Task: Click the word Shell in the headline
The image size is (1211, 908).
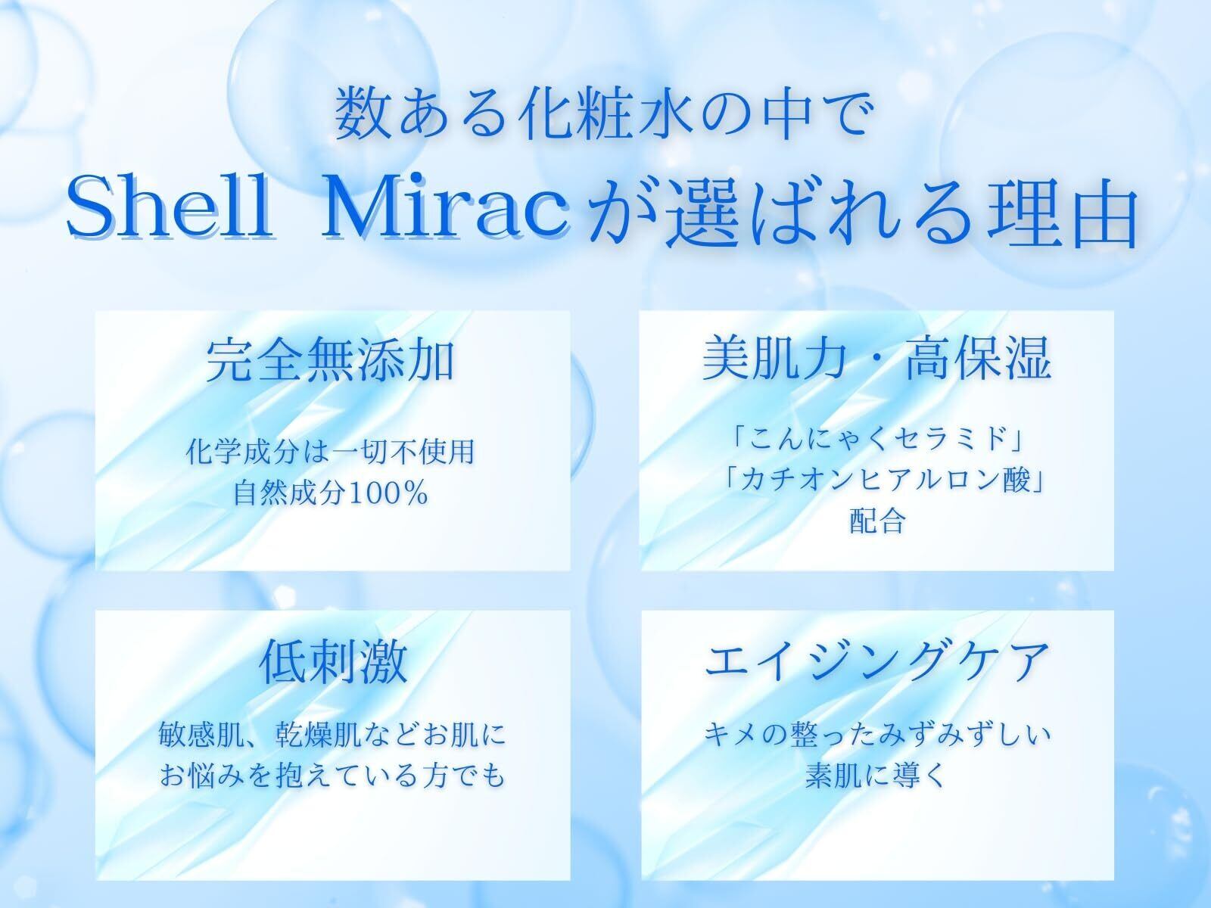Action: [170, 206]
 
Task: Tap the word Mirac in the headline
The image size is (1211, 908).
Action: [446, 206]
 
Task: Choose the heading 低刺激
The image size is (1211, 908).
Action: [333, 661]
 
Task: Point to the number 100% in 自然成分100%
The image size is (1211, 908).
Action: [389, 493]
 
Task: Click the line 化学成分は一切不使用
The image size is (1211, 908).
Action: [331, 452]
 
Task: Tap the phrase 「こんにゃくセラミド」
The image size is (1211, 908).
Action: [877, 439]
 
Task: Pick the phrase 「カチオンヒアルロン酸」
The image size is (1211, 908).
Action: [884, 480]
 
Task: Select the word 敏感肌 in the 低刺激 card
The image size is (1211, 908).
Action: [201, 734]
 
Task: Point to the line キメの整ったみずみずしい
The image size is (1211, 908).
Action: [877, 734]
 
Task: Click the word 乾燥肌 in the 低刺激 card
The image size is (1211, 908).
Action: [319, 734]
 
